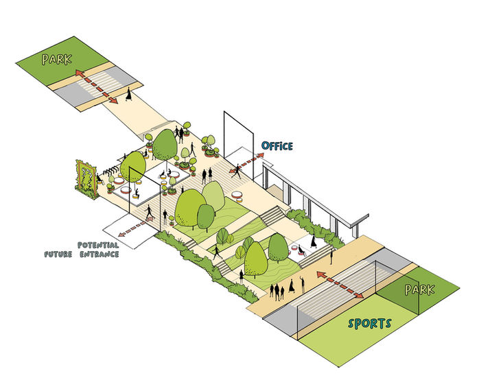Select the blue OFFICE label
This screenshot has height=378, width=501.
pyautogui.click(x=277, y=146)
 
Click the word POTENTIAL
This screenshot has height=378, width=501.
pyautogui.click(x=98, y=244)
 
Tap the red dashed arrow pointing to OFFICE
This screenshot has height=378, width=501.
pyautogui.click(x=248, y=161)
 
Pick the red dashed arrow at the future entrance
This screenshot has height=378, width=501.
pyautogui.click(x=145, y=220)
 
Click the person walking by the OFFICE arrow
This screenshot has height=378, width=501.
pyautogui.click(x=237, y=169)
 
